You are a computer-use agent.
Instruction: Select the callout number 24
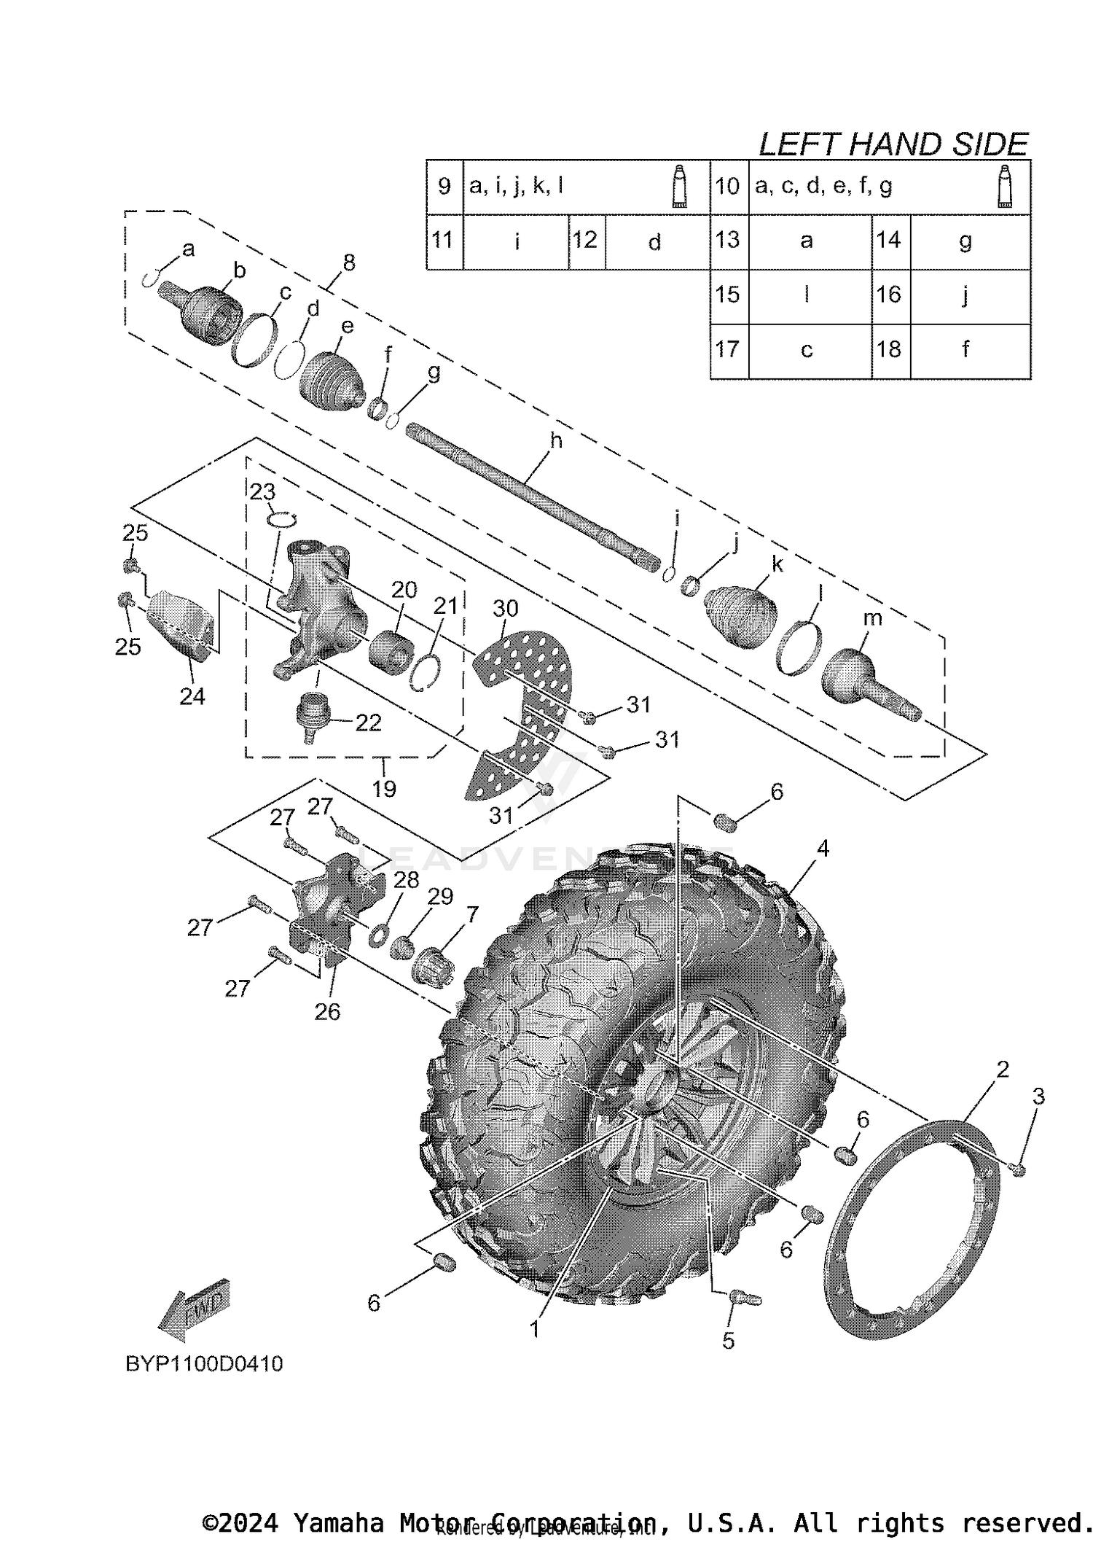192,696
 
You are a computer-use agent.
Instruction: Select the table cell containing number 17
728,350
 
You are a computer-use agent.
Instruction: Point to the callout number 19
384,788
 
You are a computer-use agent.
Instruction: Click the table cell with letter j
965,295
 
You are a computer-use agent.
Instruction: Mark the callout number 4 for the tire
823,848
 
